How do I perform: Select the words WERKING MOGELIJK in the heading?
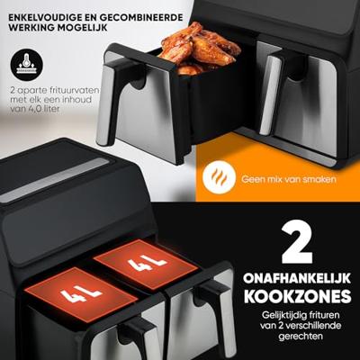click(59, 27)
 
